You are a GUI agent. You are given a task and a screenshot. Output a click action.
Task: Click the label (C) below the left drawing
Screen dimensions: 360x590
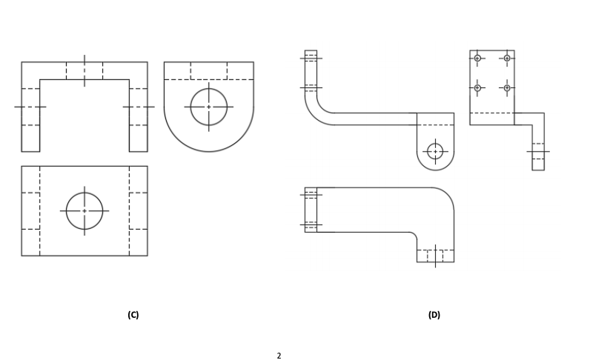pos(133,315)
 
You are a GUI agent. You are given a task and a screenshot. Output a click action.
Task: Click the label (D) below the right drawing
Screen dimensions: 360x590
pos(434,315)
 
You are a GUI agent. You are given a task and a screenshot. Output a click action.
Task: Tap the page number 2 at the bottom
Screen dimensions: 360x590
pos(279,356)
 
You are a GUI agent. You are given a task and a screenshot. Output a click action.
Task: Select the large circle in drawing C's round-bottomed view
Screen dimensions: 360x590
pos(208,107)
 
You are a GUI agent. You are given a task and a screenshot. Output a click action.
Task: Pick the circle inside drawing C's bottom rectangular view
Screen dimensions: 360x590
pos(84,211)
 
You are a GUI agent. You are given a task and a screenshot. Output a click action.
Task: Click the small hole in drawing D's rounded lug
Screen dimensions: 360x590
pos(435,151)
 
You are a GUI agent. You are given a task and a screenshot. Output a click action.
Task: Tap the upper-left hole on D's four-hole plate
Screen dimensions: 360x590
pos(477,58)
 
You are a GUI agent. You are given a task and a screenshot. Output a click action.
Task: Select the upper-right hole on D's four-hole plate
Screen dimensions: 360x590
pos(507,58)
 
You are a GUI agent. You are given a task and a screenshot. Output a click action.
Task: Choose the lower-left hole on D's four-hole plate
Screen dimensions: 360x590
pos(477,87)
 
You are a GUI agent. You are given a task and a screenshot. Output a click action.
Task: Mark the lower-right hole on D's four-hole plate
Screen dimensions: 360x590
pos(507,87)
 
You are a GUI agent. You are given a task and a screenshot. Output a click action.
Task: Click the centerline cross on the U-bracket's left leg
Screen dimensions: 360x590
pos(30,107)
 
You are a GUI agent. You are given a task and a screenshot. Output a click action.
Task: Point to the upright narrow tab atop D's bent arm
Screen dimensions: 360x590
pos(311,70)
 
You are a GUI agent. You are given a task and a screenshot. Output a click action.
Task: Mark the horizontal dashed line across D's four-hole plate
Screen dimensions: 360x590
pos(492,113)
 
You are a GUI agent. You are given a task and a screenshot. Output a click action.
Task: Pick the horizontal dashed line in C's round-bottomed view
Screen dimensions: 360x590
pos(208,79)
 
